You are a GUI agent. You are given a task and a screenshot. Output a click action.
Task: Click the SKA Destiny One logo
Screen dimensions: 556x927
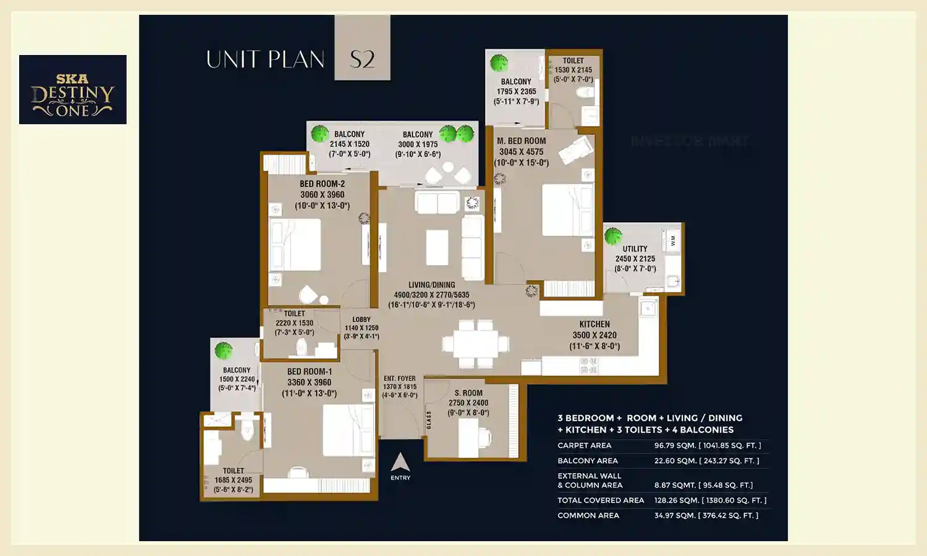[73, 90]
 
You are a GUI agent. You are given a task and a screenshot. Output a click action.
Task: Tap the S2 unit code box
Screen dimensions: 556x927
[362, 48]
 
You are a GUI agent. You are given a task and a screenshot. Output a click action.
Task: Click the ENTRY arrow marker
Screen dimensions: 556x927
[400, 463]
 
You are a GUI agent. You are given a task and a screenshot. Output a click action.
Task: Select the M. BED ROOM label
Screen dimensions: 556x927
[521, 141]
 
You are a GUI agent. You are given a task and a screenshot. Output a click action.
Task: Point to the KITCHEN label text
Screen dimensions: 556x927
[595, 324]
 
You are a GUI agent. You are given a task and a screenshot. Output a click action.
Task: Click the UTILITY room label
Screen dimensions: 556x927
[635, 249]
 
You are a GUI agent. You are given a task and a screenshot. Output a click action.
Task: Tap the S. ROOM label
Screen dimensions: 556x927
[468, 393]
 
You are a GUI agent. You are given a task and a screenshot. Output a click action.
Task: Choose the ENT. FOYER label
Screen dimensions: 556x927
[399, 379]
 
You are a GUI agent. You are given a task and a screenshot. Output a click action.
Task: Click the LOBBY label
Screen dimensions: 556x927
[362, 319]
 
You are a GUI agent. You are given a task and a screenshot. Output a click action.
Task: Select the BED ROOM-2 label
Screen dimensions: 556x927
[322, 184]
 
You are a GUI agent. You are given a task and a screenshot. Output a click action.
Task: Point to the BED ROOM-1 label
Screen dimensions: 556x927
[309, 372]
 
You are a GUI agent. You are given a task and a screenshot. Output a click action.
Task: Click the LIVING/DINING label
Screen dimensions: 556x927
[431, 285]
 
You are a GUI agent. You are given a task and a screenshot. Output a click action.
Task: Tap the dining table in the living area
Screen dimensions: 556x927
[475, 343]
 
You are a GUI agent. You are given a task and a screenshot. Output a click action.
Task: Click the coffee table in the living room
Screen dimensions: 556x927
[437, 247]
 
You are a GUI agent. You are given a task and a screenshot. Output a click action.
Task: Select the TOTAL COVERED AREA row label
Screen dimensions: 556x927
[601, 500]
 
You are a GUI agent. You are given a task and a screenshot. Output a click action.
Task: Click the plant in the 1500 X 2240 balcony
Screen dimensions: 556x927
[223, 350]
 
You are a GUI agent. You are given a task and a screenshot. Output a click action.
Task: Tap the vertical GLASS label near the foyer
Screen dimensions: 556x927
[429, 420]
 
